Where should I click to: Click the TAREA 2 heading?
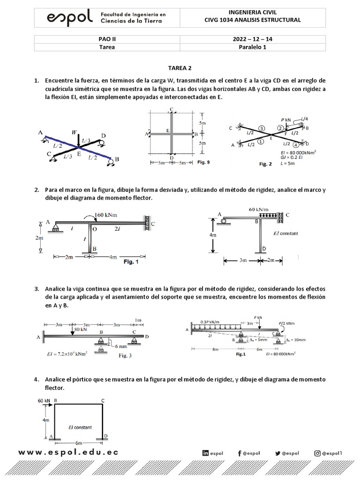pos(180,68)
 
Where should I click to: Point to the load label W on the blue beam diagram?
pos(75,133)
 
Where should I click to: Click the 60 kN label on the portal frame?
pos(43,401)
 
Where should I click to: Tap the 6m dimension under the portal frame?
pos(79,442)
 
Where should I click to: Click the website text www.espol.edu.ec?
pos(68,453)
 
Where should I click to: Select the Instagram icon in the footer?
pos(317,453)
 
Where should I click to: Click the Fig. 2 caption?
pos(265,164)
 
